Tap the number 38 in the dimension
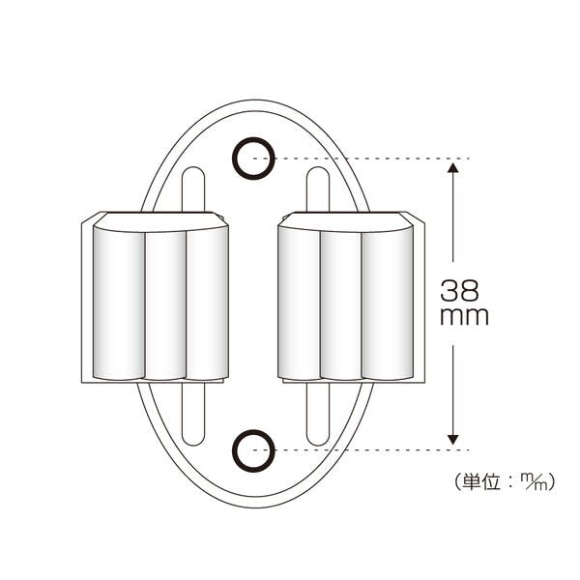[x=459, y=290]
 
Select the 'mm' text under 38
[x=465, y=317]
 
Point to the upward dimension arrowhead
[x=452, y=168]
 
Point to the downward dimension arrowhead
[x=452, y=440]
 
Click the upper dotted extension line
[x=362, y=159]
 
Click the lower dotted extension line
[x=362, y=450]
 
